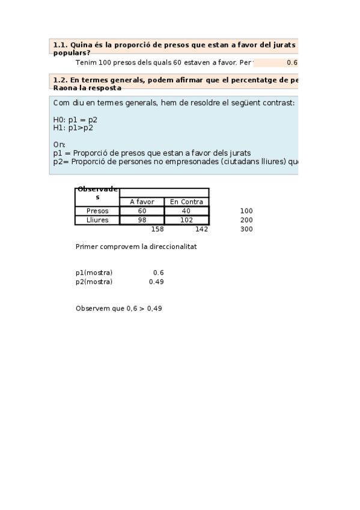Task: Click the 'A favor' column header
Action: (x=142, y=202)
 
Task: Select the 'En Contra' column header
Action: (x=186, y=202)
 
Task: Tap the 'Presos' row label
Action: (x=97, y=211)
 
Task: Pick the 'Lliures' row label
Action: (x=97, y=220)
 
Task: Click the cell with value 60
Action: (x=142, y=211)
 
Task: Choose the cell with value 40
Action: (x=186, y=211)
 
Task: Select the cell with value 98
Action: (x=142, y=220)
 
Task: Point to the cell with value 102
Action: (x=186, y=220)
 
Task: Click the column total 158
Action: (x=157, y=229)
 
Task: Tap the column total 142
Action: (x=201, y=229)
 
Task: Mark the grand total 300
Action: (x=246, y=229)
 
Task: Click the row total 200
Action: (x=246, y=220)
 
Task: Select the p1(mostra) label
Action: (x=94, y=273)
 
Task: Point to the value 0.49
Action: (x=156, y=282)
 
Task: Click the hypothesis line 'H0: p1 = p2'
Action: (x=75, y=120)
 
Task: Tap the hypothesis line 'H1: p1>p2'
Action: (x=73, y=127)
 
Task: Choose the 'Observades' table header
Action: (x=97, y=193)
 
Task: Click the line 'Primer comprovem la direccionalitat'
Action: (x=136, y=247)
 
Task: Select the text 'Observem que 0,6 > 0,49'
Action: (x=119, y=309)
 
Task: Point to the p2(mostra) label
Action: (x=94, y=282)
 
